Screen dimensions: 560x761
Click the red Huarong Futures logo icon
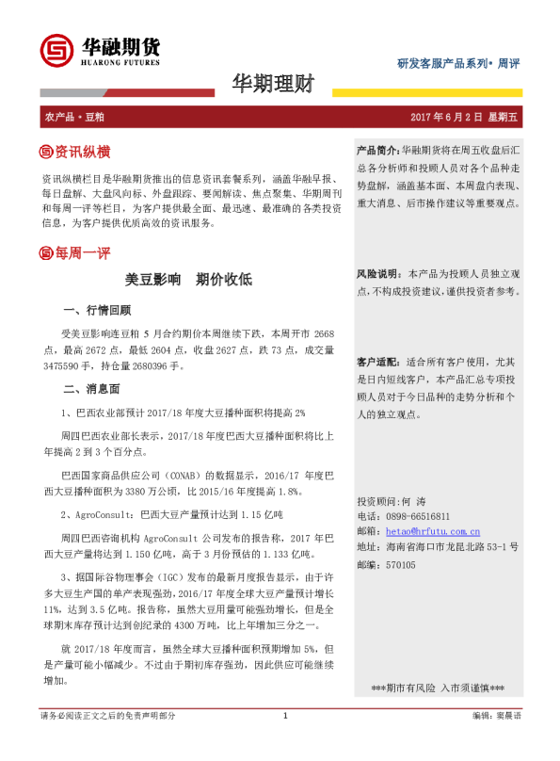pos(58,50)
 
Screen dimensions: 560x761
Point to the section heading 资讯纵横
pos(82,152)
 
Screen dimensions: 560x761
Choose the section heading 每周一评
pos(82,253)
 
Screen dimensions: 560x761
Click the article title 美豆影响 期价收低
pos(188,281)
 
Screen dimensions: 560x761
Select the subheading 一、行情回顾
pos(96,310)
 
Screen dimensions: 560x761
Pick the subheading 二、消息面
pos(89,389)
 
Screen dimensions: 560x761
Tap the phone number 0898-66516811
pos(416,516)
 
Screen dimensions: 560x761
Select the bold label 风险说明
pos(378,274)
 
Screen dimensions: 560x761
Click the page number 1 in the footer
pos(284,743)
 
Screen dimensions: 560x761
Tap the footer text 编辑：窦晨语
pos(496,743)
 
